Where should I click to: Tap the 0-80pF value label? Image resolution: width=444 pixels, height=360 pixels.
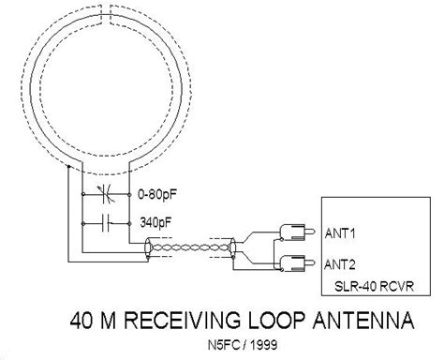156,198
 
